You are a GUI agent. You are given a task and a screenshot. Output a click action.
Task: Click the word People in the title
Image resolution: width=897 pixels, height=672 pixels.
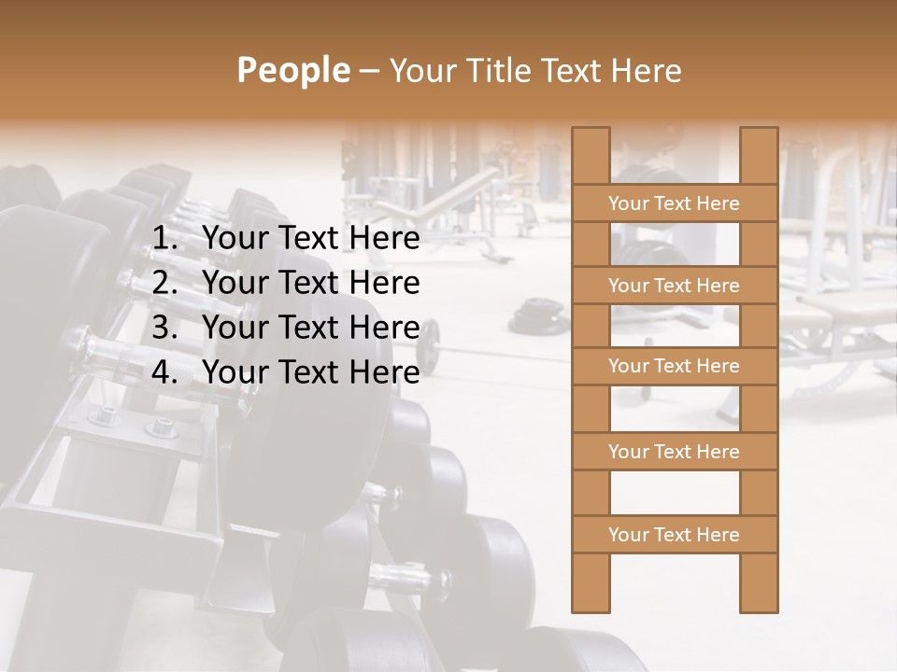(x=292, y=70)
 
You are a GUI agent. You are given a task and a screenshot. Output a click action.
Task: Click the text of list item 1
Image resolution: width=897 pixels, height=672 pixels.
(x=310, y=239)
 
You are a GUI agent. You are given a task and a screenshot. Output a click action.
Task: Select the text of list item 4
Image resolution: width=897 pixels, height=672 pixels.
(x=310, y=372)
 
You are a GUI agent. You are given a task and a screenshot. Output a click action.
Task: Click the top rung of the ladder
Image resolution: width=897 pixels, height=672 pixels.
(x=674, y=203)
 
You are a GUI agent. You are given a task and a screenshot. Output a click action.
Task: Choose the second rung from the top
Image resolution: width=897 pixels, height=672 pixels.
(x=674, y=286)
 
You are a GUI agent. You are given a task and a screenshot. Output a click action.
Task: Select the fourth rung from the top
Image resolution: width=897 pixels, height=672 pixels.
(x=674, y=452)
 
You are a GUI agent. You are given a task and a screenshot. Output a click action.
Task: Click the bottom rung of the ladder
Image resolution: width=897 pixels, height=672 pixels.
(x=674, y=535)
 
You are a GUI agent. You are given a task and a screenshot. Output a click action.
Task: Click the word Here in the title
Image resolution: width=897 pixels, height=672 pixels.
(x=647, y=70)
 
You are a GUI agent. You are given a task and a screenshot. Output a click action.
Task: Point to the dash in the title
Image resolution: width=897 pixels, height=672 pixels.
(x=368, y=72)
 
